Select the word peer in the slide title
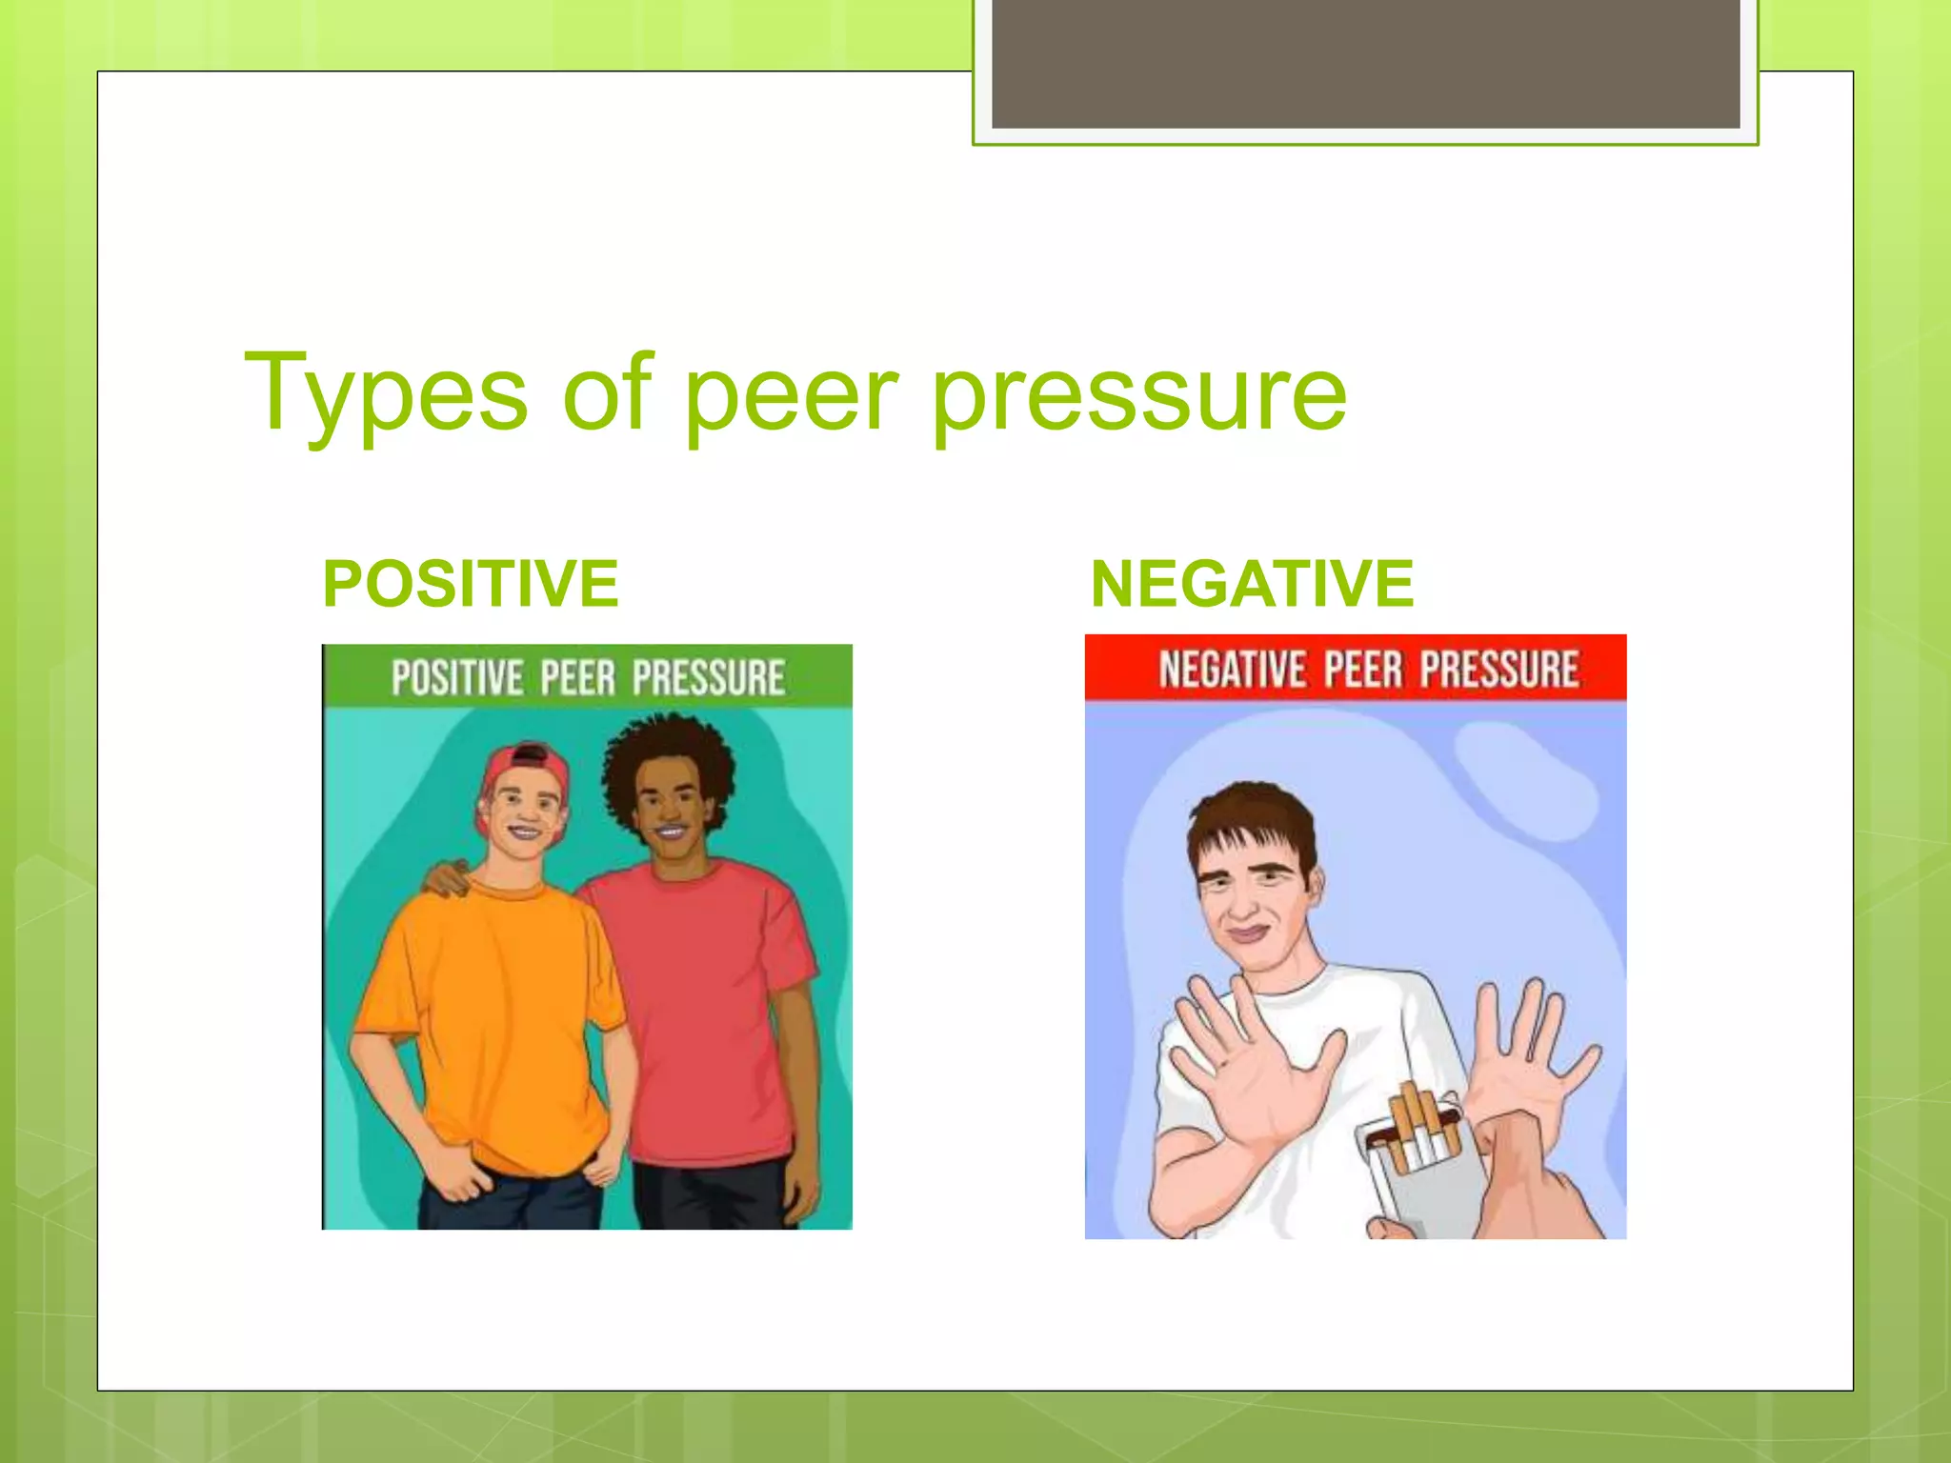tap(791, 395)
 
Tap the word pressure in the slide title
tap(1139, 395)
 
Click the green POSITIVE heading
tap(471, 583)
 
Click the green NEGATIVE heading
tap(1252, 583)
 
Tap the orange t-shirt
tap(495, 1010)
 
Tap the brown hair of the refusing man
tap(1248, 819)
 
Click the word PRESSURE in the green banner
tap(708, 677)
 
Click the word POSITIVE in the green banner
tap(457, 678)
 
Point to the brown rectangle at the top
tap(1365, 63)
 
